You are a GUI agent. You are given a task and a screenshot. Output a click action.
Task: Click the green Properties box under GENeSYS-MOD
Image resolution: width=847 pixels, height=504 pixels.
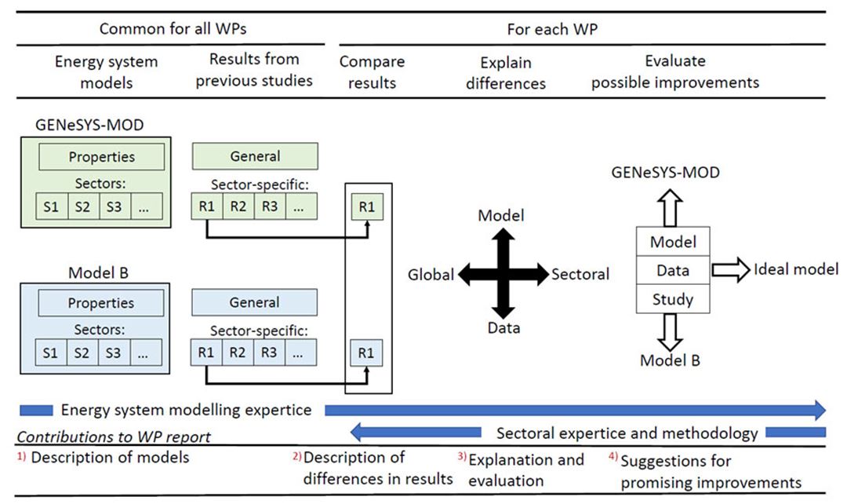(101, 157)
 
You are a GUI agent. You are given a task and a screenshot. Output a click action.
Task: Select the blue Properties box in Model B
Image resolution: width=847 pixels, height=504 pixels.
(101, 303)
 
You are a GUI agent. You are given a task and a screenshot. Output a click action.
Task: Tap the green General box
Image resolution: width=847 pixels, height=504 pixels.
(254, 156)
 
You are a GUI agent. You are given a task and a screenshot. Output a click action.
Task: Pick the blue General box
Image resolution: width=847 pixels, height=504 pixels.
(254, 302)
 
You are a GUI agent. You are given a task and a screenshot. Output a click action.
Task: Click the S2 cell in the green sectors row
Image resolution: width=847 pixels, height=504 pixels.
(82, 206)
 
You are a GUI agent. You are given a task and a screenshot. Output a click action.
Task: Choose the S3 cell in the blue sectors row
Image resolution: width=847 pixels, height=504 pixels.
(114, 352)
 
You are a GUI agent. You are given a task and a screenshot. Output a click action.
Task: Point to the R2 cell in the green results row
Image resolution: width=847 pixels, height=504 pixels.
(238, 206)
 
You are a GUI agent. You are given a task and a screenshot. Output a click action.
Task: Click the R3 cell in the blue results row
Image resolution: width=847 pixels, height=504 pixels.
(269, 352)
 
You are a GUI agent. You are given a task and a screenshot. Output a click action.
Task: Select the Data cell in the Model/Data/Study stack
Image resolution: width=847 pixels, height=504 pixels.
(673, 270)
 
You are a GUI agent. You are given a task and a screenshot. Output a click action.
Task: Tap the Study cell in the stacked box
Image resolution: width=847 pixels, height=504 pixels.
(673, 298)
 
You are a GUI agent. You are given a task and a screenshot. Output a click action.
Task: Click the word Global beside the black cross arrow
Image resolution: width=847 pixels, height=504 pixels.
(431, 274)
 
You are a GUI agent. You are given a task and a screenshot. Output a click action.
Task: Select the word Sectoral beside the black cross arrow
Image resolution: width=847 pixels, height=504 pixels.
(580, 274)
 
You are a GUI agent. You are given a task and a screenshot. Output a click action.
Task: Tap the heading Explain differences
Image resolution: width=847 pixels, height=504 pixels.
(505, 71)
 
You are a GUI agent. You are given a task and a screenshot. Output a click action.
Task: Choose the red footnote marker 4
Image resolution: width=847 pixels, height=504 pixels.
(613, 455)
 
